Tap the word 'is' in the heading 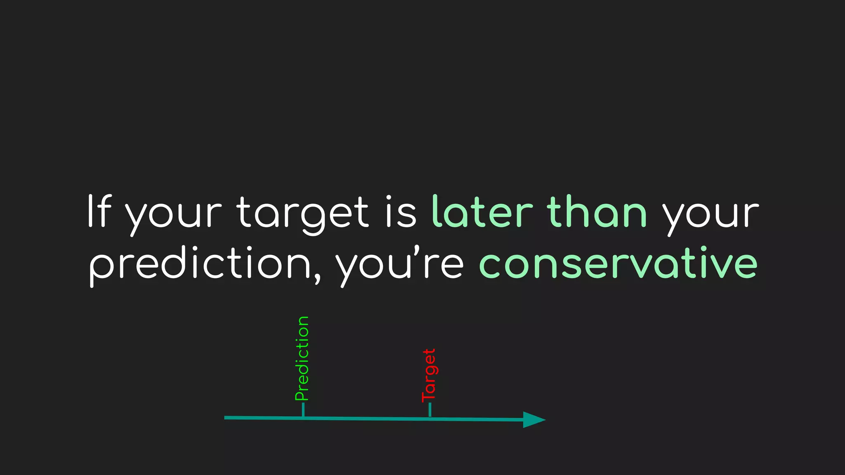click(401, 212)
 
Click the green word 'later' click(482, 212)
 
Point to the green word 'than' click(597, 212)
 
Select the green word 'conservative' click(618, 263)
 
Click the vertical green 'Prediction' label click(302, 359)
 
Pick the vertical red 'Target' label click(429, 375)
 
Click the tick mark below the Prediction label click(303, 410)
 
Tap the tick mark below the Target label click(430, 410)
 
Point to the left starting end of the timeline click(226, 418)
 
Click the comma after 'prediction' click(316, 280)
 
